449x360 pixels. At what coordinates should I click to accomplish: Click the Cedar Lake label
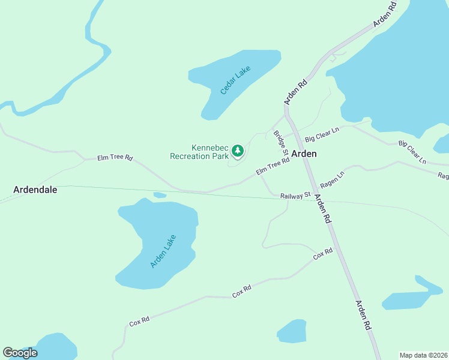[235, 80]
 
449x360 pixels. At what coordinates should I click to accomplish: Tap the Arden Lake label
[161, 251]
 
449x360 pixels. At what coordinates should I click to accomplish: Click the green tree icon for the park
[238, 151]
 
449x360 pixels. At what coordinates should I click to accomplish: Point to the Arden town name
[304, 154]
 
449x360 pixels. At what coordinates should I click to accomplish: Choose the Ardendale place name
[35, 190]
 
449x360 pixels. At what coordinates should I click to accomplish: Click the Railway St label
[294, 195]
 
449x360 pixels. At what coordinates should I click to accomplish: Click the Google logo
[20, 353]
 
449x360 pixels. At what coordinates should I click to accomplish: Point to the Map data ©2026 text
[423, 355]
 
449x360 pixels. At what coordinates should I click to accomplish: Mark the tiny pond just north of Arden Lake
[160, 195]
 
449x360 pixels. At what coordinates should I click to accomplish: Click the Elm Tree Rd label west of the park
[115, 158]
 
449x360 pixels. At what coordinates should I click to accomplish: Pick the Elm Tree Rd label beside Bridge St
[273, 167]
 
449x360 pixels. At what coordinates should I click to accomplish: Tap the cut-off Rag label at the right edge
[443, 176]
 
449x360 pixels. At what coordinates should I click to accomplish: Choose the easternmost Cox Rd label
[323, 254]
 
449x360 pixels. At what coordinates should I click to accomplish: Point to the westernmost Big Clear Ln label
[322, 134]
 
